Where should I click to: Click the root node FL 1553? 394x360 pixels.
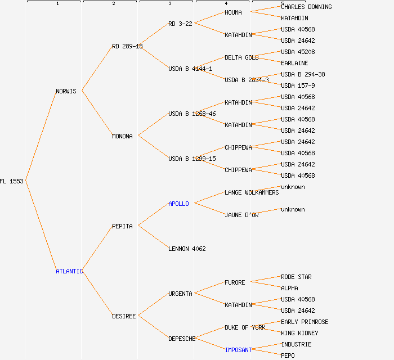[12, 181]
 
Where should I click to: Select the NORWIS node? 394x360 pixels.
[66, 91]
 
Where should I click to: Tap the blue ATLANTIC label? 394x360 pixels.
[69, 271]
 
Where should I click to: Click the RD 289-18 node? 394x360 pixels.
[127, 46]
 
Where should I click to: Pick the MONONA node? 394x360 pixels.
[122, 136]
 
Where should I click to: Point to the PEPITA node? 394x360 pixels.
[122, 226]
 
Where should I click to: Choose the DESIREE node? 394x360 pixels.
[124, 316]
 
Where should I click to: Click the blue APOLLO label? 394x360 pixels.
[178, 204]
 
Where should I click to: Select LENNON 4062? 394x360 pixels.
[187, 249]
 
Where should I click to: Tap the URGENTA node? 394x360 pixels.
[180, 294]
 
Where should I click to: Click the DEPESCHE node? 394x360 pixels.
[182, 339]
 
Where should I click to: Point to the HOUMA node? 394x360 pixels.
[233, 12]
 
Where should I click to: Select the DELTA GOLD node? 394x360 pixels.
[241, 57]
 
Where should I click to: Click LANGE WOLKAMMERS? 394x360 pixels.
[252, 192]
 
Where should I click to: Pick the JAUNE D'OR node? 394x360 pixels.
[241, 215]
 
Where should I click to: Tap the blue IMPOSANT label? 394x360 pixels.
[238, 350]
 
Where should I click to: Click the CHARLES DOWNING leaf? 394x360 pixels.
[306, 7]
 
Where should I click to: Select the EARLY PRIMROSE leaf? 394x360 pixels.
[305, 322]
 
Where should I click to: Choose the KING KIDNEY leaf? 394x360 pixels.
[299, 333]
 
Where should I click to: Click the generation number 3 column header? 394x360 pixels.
[169, 4]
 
